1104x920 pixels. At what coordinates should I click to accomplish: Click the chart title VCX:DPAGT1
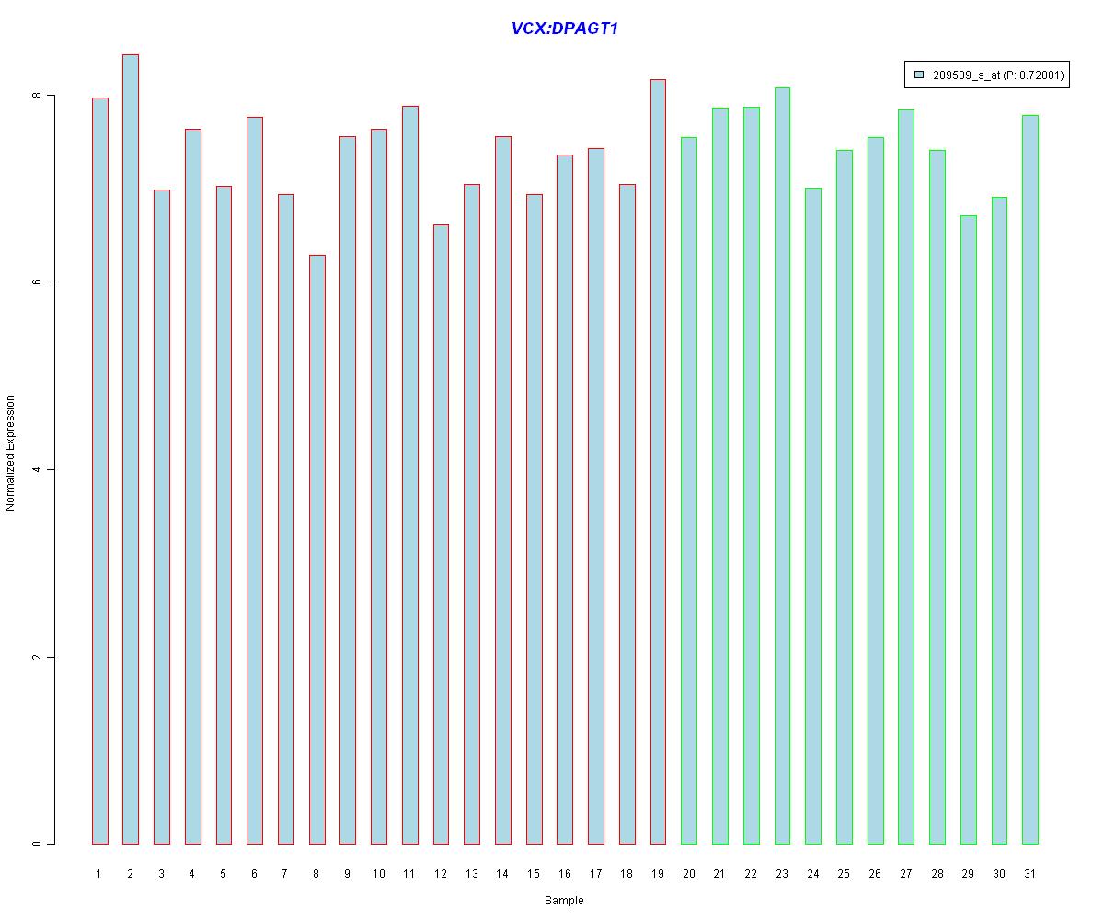(564, 29)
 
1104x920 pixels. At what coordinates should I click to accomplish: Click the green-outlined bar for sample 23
(782, 466)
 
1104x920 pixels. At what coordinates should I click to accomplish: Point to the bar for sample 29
(968, 529)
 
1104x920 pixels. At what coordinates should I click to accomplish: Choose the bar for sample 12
(441, 534)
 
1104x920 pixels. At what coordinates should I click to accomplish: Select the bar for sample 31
(1030, 479)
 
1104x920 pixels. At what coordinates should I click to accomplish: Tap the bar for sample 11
(409, 475)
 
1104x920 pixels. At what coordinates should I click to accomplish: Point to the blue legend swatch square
(919, 75)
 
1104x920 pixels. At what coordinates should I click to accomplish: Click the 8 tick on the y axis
(38, 96)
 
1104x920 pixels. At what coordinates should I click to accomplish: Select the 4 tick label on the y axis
(38, 469)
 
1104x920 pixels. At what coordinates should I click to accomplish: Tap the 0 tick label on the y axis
(38, 844)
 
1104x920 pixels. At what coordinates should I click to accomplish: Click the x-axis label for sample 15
(534, 874)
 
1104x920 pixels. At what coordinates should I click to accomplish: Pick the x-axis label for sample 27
(906, 874)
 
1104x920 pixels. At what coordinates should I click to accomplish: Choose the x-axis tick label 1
(99, 874)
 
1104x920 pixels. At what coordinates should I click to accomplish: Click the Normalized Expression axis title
(11, 453)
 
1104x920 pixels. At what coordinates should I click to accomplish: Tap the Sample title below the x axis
(564, 901)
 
